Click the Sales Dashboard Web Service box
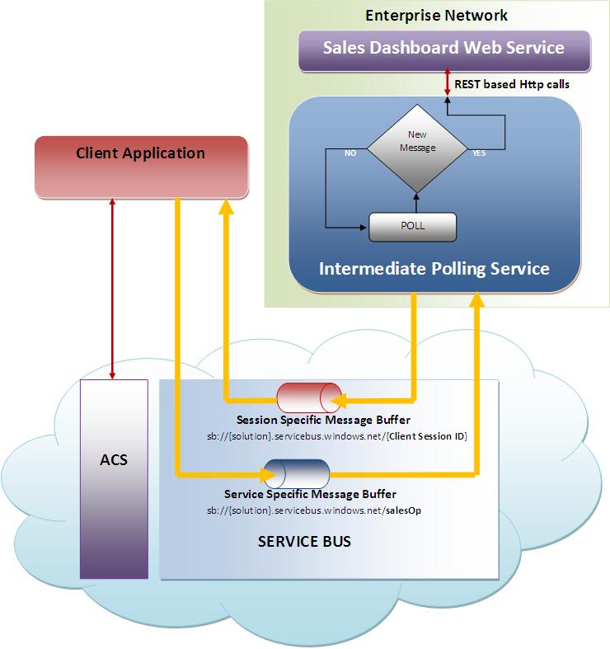443,48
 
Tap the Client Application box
140,154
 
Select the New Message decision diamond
416,145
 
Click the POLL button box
412,226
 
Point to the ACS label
114,459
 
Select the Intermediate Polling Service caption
434,269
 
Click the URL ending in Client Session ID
337,435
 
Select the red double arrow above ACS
112,289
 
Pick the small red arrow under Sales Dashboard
447,80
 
